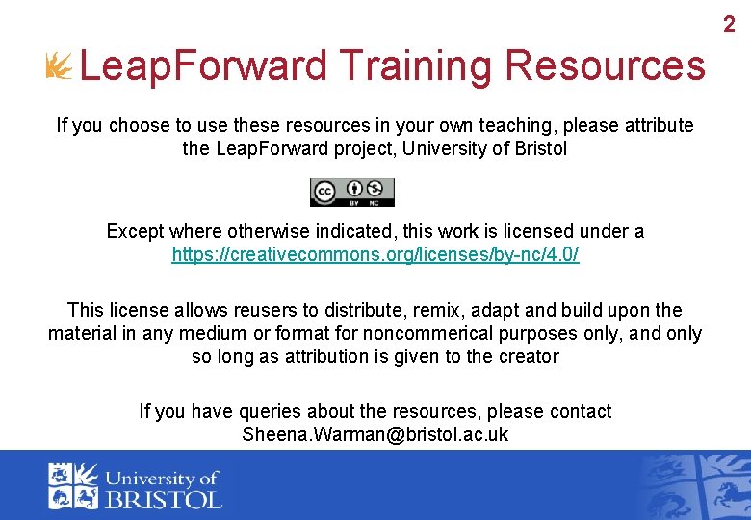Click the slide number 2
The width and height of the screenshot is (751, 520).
pyautogui.click(x=729, y=25)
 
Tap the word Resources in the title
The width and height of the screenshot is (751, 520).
pyautogui.click(x=605, y=66)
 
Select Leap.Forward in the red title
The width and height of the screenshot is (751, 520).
pyautogui.click(x=203, y=66)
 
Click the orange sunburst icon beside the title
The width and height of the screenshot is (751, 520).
pyautogui.click(x=59, y=66)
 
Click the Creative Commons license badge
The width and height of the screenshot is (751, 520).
pyautogui.click(x=351, y=193)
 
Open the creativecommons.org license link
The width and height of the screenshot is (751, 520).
pyautogui.click(x=375, y=255)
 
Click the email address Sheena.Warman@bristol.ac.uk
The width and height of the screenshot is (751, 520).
pyautogui.click(x=375, y=434)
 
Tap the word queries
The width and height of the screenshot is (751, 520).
pyautogui.click(x=223, y=411)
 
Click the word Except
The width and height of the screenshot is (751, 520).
pyautogui.click(x=135, y=231)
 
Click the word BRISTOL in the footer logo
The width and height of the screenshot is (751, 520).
pyautogui.click(x=165, y=499)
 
